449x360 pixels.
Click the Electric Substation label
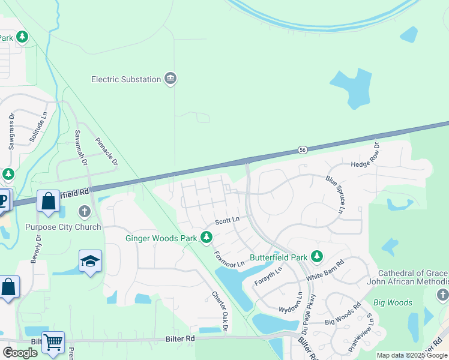tap(126, 79)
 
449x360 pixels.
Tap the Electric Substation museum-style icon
tap(171, 79)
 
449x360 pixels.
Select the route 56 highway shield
tap(303, 149)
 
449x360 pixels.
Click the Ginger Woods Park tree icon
tap(206, 238)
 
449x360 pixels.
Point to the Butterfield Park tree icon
tap(317, 257)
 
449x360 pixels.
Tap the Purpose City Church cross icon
tap(83, 212)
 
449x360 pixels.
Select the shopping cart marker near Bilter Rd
tap(53, 343)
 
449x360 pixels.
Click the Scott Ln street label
tap(228, 220)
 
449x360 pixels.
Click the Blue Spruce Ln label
tap(335, 194)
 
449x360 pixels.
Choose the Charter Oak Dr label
tap(219, 311)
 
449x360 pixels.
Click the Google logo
tap(20, 353)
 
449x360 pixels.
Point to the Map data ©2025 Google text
tap(411, 355)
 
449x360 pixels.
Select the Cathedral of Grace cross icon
tap(442, 295)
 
